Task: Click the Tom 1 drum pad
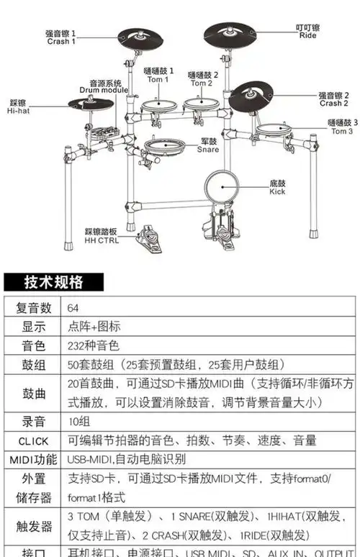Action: coord(159,105)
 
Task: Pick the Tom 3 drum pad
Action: coord(281,129)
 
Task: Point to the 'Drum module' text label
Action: coord(105,91)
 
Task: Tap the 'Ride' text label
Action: coord(307,35)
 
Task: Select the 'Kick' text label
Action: coord(277,191)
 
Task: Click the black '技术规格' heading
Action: coord(54,281)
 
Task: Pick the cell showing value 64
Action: coord(73,307)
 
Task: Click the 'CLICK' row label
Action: coord(34,440)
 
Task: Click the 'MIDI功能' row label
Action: coord(34,459)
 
